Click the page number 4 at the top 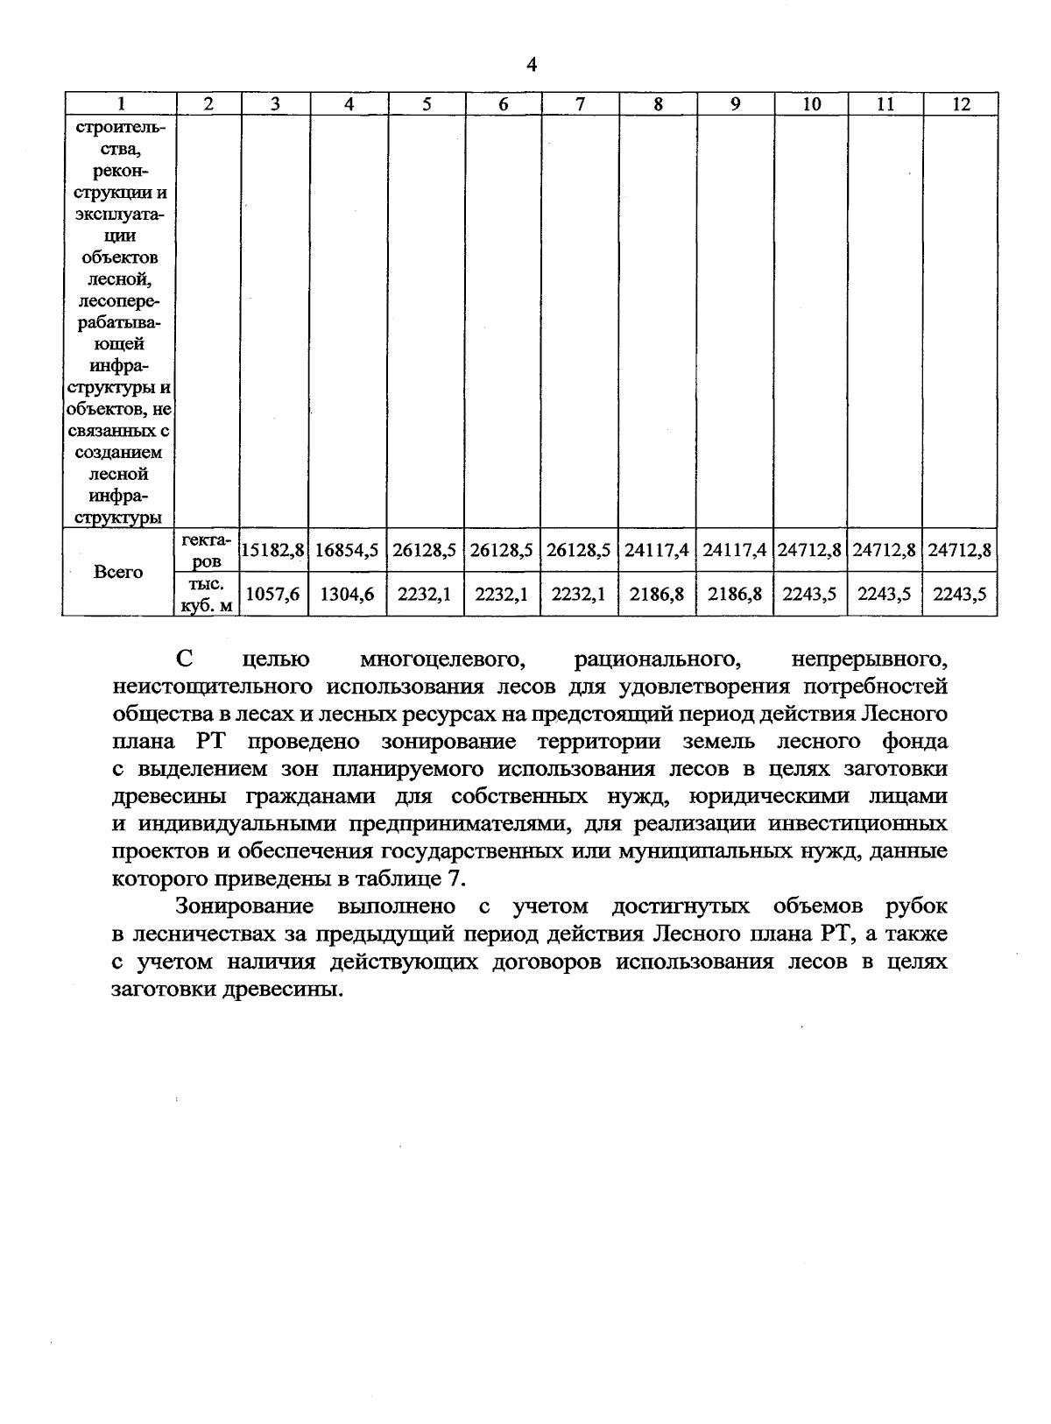[x=532, y=65]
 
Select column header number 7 [x=580, y=103]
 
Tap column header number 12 [x=961, y=103]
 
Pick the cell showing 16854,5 [x=348, y=551]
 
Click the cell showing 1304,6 [x=348, y=594]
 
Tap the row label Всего [x=118, y=572]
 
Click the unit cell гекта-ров [x=207, y=551]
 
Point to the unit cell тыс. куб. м [x=207, y=595]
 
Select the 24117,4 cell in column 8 [x=657, y=551]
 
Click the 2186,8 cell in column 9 [x=734, y=594]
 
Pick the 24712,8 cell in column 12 [x=960, y=551]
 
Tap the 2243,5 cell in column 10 [x=810, y=594]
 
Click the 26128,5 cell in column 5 [x=425, y=551]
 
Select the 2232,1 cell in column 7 [x=579, y=594]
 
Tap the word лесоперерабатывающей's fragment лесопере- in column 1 [x=118, y=301]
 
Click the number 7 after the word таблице [x=462, y=878]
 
